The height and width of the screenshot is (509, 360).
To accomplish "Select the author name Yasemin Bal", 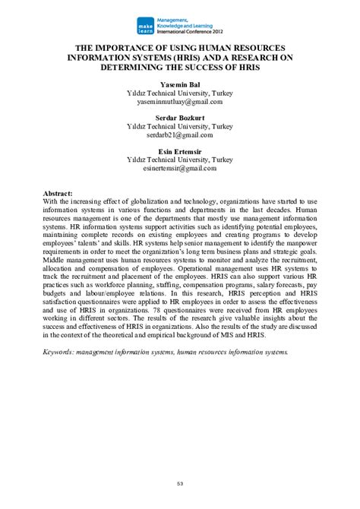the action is tap(179, 84).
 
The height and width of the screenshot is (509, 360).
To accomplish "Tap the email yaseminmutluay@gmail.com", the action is tap(179, 101).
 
